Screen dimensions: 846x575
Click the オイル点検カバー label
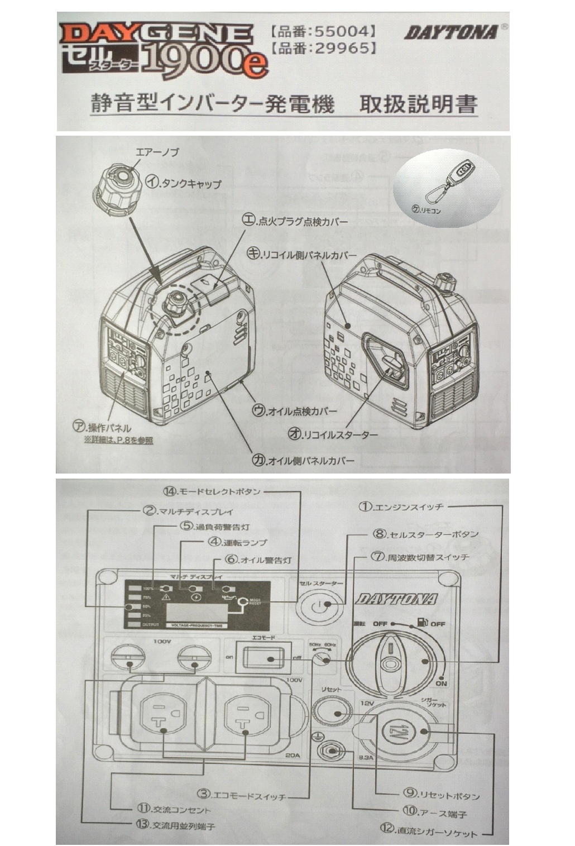click(x=295, y=411)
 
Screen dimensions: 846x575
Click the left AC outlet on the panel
click(x=162, y=720)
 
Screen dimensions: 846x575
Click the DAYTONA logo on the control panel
click(x=397, y=599)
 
